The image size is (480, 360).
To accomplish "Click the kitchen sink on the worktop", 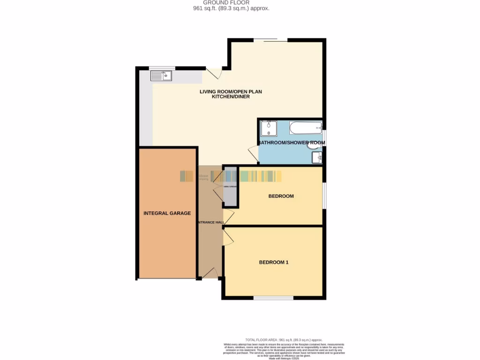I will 161,75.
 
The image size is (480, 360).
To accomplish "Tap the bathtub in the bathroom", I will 305,127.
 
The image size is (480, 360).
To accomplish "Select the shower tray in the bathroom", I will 269,128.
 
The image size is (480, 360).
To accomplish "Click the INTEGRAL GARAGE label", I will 167,213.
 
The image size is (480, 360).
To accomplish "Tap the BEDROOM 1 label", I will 274,262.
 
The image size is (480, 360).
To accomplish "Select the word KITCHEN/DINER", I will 231,97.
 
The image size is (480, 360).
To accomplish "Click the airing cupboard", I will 230,187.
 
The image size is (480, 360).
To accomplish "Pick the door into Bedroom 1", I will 228,237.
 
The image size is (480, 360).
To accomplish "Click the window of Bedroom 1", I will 274,298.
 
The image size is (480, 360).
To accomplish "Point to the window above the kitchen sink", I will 162,67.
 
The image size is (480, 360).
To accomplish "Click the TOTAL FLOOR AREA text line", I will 284,339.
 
